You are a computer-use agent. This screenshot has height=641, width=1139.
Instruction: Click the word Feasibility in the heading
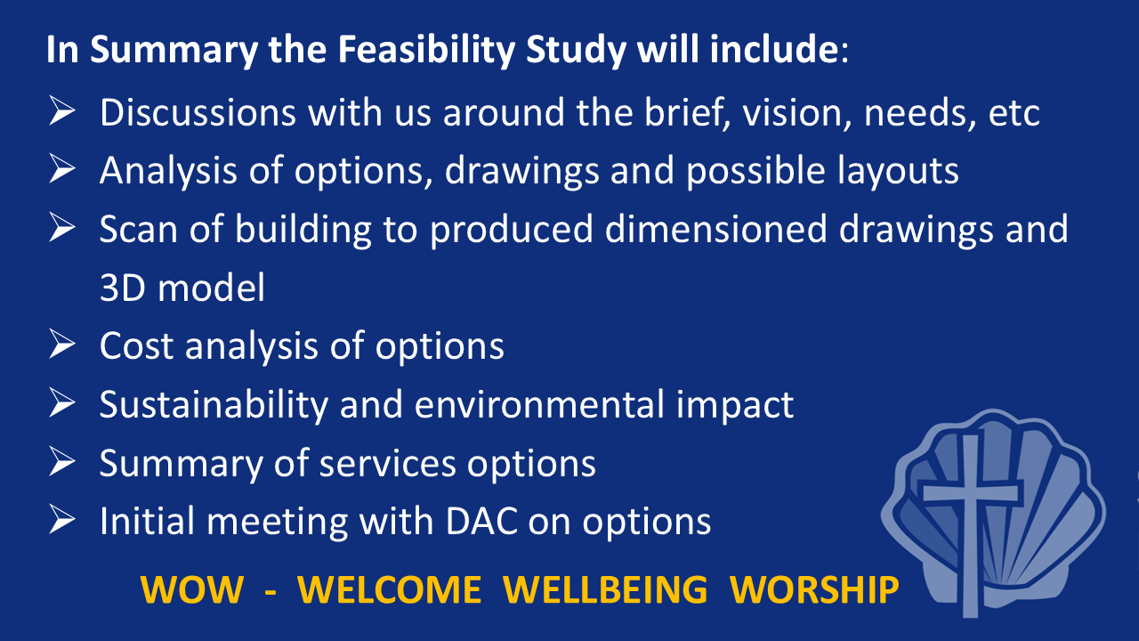426,50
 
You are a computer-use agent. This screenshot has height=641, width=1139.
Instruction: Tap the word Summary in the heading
174,50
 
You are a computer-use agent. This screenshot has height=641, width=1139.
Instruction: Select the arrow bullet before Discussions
62,110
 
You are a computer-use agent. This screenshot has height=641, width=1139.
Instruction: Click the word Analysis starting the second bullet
168,171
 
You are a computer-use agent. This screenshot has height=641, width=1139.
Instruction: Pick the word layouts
898,171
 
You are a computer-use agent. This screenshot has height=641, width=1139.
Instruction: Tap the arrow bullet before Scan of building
62,227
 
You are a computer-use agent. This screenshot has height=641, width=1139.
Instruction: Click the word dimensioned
715,229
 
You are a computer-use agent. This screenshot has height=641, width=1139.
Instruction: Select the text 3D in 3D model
122,288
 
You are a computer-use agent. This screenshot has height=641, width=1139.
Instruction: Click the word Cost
136,346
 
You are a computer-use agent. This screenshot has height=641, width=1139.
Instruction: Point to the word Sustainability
214,405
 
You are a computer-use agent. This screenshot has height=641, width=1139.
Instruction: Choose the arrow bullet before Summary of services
62,461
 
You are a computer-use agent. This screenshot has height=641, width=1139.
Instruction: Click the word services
387,464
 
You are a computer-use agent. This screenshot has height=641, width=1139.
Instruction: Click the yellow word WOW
191,590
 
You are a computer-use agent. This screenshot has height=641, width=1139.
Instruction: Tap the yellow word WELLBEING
605,590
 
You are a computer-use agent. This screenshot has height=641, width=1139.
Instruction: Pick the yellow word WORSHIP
814,590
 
